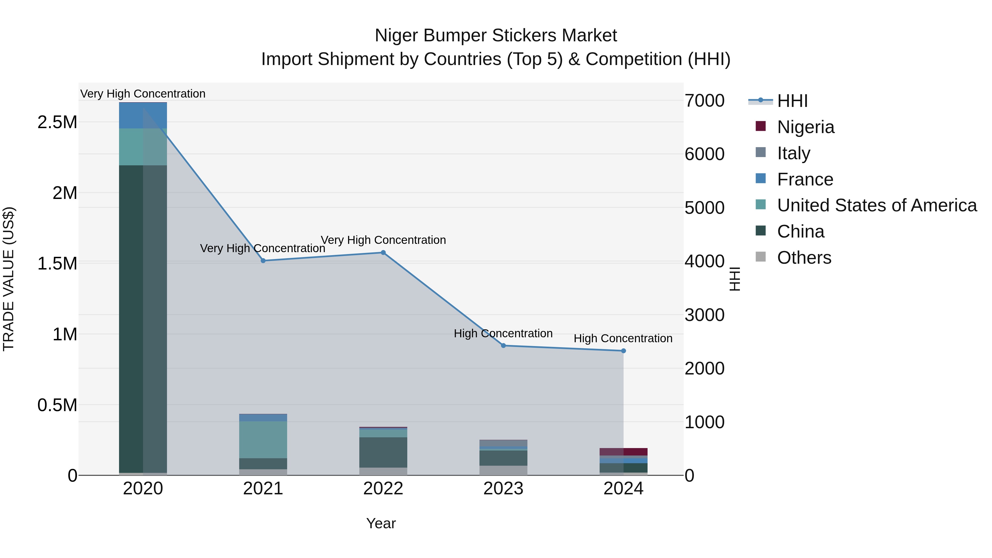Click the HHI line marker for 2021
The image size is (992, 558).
pos(263,261)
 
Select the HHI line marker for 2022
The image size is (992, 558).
pos(383,253)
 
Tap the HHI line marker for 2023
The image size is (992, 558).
pos(503,346)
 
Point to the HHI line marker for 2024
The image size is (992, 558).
pos(624,351)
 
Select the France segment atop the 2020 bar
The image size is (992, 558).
pos(143,115)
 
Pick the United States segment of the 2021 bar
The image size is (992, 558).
pos(263,440)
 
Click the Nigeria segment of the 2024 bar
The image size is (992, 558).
pos(624,452)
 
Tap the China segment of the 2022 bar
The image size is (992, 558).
pos(383,452)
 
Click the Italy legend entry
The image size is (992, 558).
pos(793,153)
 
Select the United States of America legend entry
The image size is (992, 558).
pos(877,205)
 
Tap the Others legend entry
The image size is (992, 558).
pos(804,258)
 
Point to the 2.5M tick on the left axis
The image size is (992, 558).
pos(57,122)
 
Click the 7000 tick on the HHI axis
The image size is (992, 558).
pos(704,101)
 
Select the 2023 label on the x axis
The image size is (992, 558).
pos(503,489)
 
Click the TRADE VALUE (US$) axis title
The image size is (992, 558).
pos(9,279)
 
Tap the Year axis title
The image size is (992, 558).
pos(381,523)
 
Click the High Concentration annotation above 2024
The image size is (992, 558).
pos(623,338)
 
